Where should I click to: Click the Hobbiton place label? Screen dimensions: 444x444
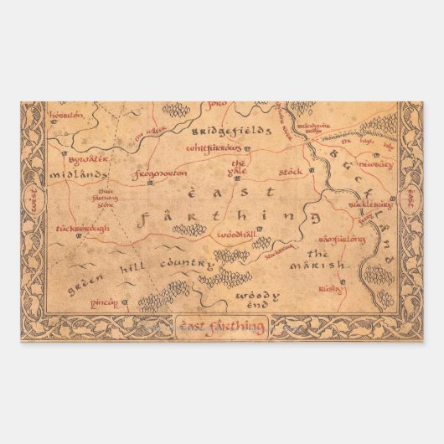point(67,114)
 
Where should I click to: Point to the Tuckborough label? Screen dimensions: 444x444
point(81,227)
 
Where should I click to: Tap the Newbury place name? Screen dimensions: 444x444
point(377,165)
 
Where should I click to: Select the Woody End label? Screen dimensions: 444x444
point(250,302)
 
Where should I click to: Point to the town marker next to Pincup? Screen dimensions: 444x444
point(122,301)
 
